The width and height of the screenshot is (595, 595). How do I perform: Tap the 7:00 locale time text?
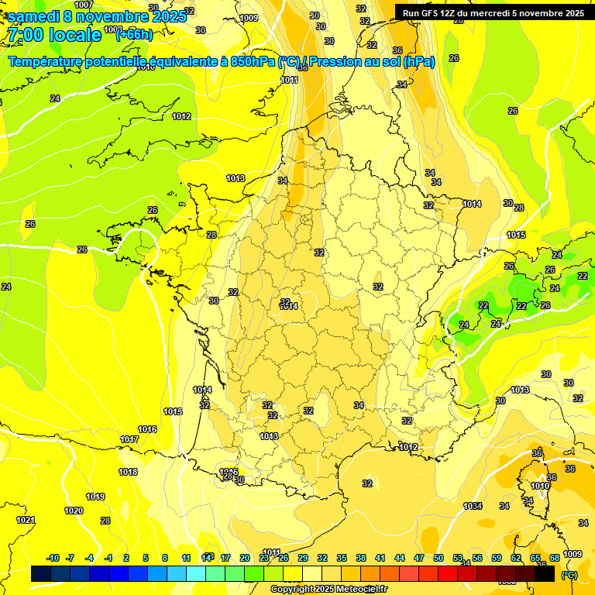tap(54, 35)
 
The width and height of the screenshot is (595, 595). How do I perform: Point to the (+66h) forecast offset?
tap(133, 35)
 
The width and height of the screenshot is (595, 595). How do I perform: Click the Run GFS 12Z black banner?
tap(494, 12)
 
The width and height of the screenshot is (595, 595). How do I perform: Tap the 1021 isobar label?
tap(26, 520)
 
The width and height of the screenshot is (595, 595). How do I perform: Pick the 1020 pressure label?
tap(74, 511)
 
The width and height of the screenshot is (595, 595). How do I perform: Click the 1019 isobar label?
tap(95, 497)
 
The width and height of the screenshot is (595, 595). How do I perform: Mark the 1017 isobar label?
tap(129, 440)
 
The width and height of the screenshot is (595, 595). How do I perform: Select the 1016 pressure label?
tap(147, 429)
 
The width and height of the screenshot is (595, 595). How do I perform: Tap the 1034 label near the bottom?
tap(473, 506)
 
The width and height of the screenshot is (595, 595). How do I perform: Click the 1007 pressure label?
tap(84, 5)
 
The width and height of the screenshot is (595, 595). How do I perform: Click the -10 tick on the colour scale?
tap(53, 558)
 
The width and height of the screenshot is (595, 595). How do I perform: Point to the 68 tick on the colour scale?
tap(555, 558)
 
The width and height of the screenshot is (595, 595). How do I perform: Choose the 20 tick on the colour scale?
tap(245, 558)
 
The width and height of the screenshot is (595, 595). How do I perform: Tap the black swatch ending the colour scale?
tap(545, 573)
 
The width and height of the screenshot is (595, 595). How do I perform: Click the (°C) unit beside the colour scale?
tap(569, 574)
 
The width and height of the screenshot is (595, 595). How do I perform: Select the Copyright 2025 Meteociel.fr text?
tap(328, 589)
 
